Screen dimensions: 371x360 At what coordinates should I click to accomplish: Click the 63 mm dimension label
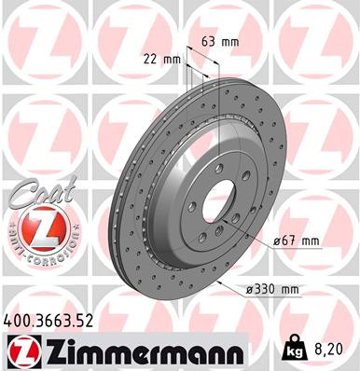(218, 42)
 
